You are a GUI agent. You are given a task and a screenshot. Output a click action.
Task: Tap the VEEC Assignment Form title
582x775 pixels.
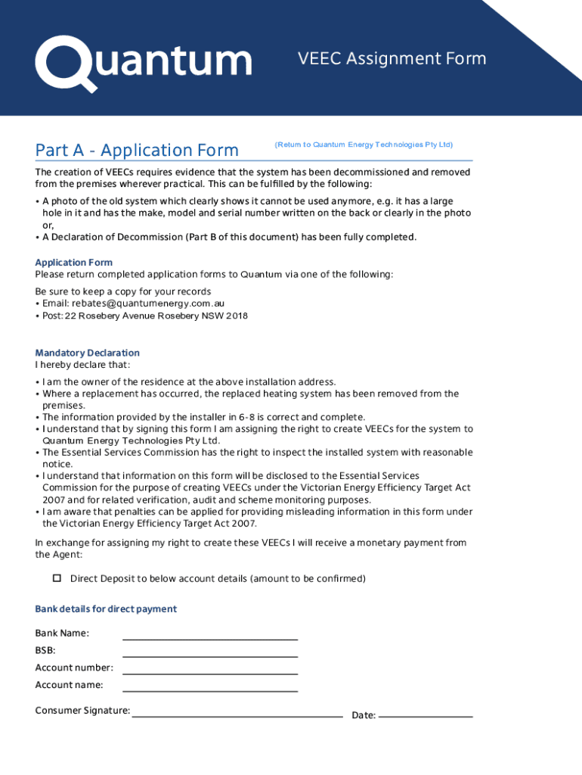(392, 59)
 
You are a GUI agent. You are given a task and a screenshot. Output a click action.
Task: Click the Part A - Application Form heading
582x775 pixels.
(137, 151)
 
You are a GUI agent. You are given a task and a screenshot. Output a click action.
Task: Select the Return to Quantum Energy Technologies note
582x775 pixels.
(364, 145)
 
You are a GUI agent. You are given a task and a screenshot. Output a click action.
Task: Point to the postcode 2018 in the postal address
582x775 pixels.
(237, 316)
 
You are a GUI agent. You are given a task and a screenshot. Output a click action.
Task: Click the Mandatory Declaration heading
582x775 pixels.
(87, 353)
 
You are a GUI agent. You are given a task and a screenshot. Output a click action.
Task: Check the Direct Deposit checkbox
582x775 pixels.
(57, 578)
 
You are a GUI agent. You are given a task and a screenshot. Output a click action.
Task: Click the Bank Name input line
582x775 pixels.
(210, 634)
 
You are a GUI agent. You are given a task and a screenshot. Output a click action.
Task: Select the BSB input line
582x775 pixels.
(210, 652)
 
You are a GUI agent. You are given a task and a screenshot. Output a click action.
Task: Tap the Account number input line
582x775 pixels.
(210, 669)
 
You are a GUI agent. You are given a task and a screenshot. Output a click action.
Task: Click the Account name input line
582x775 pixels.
(210, 686)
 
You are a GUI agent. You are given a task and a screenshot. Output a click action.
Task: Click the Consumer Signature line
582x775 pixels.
(237, 711)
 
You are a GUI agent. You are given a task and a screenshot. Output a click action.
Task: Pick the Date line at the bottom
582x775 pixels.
(425, 712)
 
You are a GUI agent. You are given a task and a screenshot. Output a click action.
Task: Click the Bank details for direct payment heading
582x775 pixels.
(106, 609)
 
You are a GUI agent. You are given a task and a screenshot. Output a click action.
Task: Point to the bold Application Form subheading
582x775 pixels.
(73, 263)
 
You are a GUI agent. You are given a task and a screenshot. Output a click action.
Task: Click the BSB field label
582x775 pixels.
(45, 650)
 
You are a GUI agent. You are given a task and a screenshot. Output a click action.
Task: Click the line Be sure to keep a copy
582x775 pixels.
(123, 291)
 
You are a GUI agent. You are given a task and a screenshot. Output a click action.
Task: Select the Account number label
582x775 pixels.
(74, 668)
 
